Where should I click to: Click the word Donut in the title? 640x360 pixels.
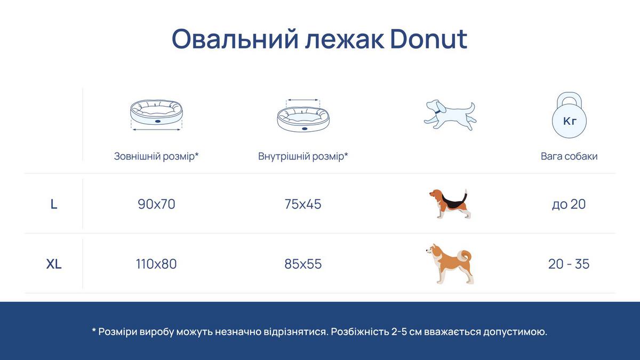click(x=429, y=39)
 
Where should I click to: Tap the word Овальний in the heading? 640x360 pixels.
click(x=235, y=39)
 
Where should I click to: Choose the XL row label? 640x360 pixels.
click(x=54, y=264)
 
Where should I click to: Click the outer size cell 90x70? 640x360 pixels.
click(x=156, y=204)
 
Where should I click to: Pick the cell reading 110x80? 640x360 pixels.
click(x=156, y=264)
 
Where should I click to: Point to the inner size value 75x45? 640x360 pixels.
click(x=303, y=204)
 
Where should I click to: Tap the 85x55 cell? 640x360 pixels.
click(x=303, y=264)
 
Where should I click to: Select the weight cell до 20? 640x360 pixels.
click(x=569, y=204)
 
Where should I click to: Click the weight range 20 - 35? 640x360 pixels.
click(x=569, y=264)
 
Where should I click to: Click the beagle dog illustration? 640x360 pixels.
click(x=450, y=204)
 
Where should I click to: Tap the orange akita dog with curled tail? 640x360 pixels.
click(x=450, y=263)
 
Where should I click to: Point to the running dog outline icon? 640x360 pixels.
click(x=450, y=115)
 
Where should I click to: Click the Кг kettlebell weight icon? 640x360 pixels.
click(x=569, y=115)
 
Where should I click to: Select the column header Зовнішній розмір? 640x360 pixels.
click(x=156, y=156)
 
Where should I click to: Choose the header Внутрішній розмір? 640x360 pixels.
click(x=303, y=156)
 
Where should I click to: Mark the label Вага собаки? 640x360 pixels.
click(x=569, y=156)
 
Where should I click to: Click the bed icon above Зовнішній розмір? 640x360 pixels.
click(x=156, y=115)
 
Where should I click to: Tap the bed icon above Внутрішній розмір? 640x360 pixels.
click(x=303, y=115)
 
